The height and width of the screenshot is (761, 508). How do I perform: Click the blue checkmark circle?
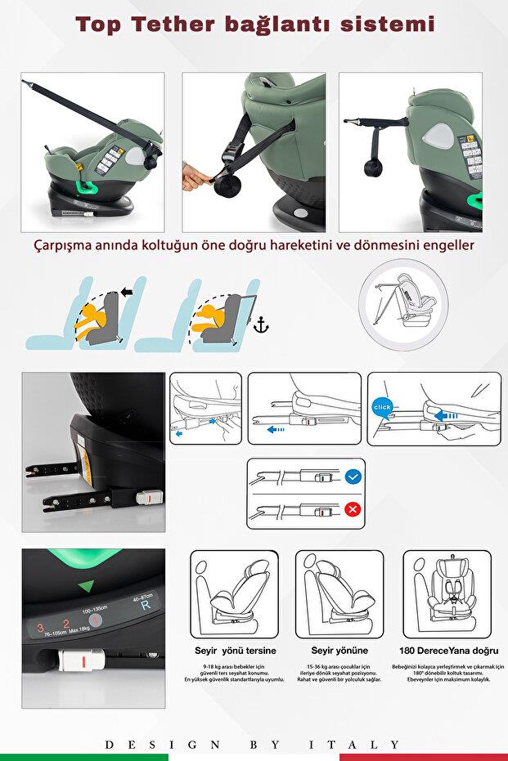353,477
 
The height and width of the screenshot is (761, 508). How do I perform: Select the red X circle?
353,510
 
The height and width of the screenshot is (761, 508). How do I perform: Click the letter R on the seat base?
145,606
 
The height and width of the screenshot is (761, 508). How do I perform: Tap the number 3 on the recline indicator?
39,628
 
